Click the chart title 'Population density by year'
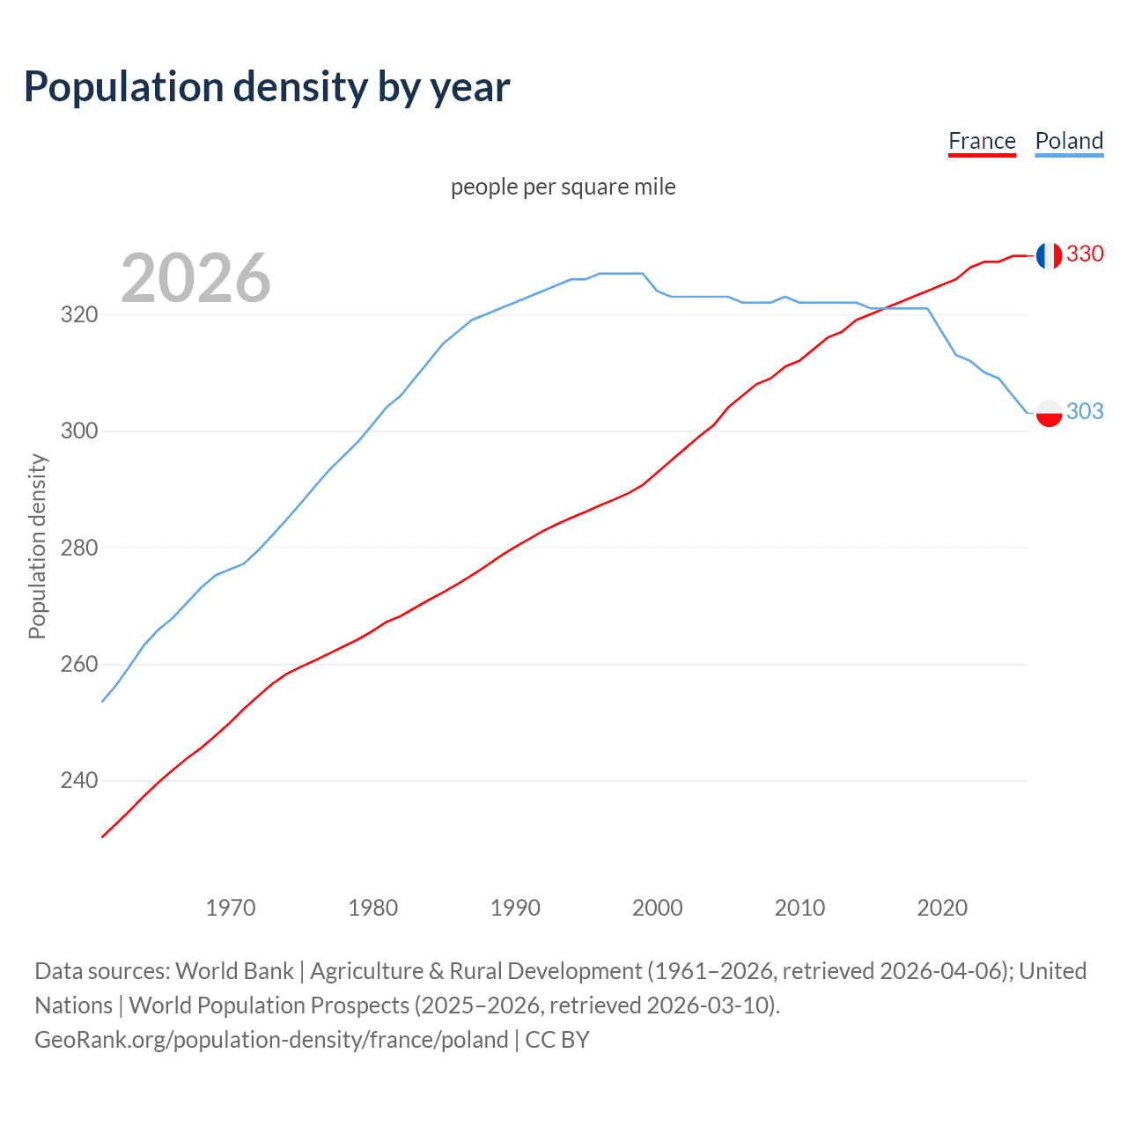coord(267,87)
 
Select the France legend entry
coord(982,141)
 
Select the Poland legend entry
coord(1069,141)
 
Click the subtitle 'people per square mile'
coord(563,187)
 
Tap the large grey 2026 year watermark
coord(195,278)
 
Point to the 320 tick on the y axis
coord(79,314)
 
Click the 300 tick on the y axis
coord(79,431)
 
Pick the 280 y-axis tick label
coord(79,548)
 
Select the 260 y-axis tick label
coord(79,664)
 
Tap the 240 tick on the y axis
coord(79,780)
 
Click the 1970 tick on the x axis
coord(231,907)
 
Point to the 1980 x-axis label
coord(373,907)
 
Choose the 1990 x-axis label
coord(515,907)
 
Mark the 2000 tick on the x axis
coord(658,907)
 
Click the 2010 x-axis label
coord(799,907)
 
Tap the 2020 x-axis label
coord(942,907)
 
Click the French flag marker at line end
coord(1049,255)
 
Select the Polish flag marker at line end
coord(1049,412)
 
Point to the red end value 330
coord(1085,254)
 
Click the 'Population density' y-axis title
coord(37,546)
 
